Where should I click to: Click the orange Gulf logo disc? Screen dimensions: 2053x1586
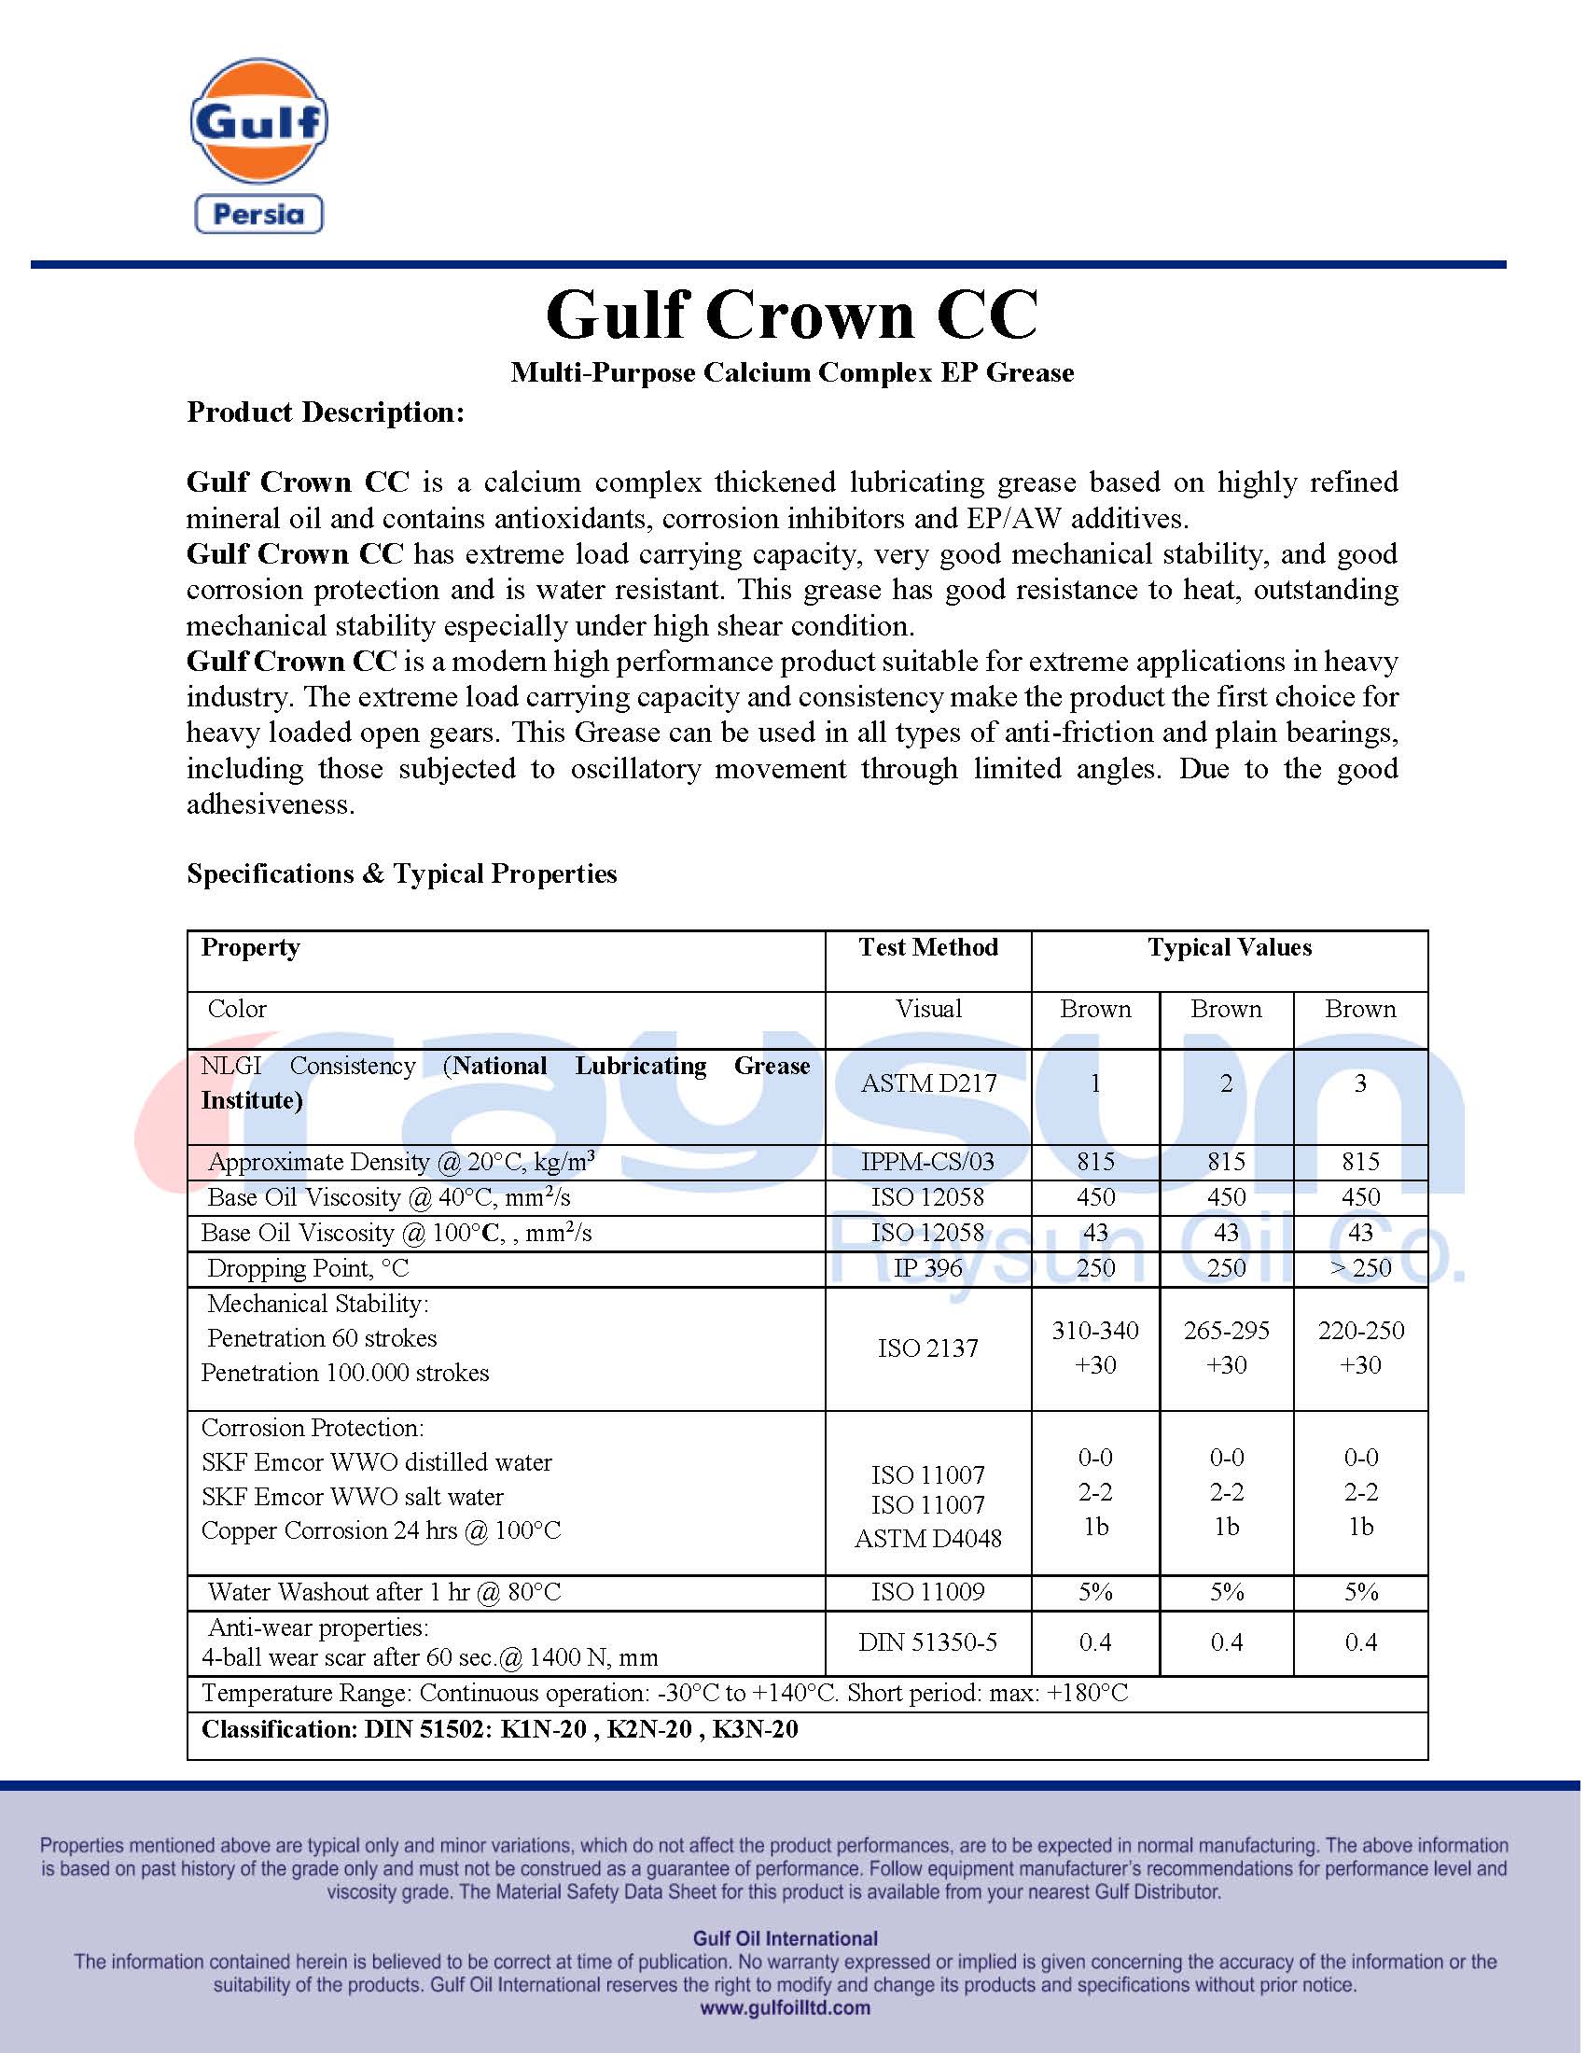tap(258, 120)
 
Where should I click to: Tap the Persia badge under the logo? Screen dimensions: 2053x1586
tap(258, 215)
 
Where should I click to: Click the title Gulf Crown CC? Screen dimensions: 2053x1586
tap(791, 314)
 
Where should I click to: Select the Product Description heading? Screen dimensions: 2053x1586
tap(325, 412)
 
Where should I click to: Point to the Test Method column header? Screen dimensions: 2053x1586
tap(927, 947)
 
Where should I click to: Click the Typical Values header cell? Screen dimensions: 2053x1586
tap(1228, 947)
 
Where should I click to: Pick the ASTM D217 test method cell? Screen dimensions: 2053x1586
tap(927, 1083)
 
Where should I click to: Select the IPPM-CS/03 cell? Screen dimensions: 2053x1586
tap(927, 1162)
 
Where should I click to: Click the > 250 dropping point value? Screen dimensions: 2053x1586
tap(1359, 1268)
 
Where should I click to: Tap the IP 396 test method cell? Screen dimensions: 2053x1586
tap(927, 1268)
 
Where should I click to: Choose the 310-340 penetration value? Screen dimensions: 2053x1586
tap(1094, 1331)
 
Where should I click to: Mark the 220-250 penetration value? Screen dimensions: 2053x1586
tap(1359, 1331)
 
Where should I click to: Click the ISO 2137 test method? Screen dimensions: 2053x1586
tap(927, 1349)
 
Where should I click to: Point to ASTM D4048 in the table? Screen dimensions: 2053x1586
tap(927, 1539)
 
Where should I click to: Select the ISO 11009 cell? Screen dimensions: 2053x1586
tap(927, 1592)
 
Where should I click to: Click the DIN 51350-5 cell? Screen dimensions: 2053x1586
tap(927, 1642)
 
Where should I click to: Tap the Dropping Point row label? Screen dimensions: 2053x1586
tap(308, 1268)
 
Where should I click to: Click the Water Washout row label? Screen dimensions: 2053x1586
tap(383, 1592)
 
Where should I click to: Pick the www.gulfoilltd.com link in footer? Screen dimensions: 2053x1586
tap(785, 2008)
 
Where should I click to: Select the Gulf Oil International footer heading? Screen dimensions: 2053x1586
tap(785, 1938)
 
